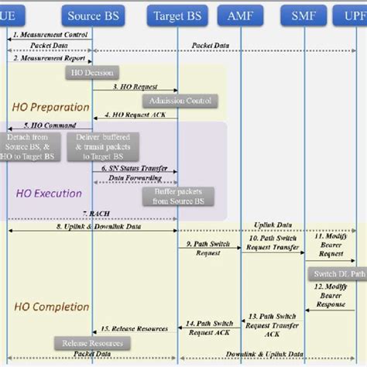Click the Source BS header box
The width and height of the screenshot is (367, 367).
[x=93, y=15]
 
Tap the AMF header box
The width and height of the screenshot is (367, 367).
[x=240, y=15]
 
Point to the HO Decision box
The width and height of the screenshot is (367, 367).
[x=92, y=72]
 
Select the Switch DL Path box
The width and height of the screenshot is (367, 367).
[x=338, y=274]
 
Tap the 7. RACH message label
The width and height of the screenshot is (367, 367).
[x=93, y=213]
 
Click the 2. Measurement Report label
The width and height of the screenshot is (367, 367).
[x=44, y=58]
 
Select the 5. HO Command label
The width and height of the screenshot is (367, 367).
[x=50, y=125]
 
